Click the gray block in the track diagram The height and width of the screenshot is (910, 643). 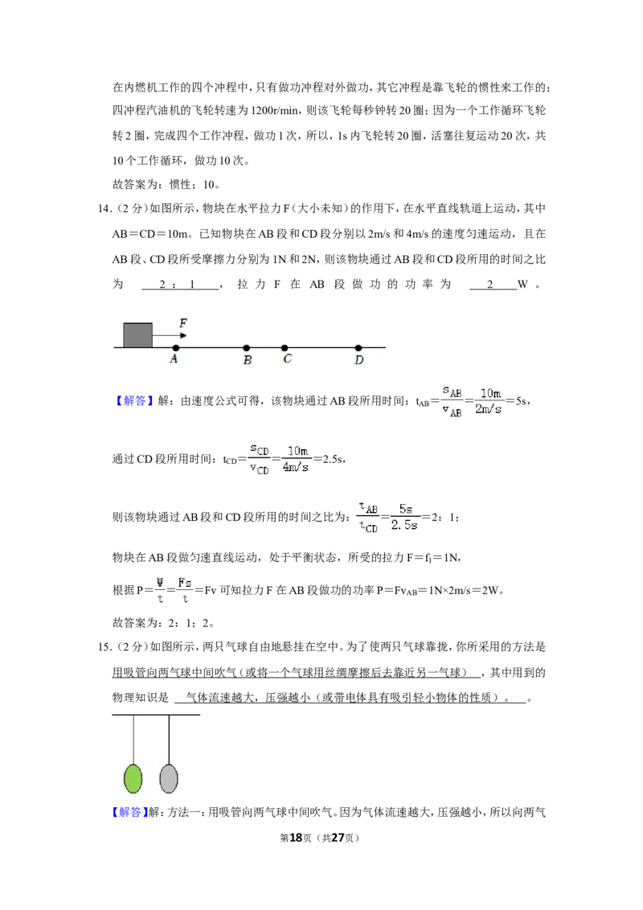point(138,335)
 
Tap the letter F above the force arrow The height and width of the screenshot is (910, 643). point(183,322)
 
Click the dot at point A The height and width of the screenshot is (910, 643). point(176,347)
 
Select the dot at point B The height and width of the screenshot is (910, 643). point(247,347)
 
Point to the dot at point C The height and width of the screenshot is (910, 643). point(285,347)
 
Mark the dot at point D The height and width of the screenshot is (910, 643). point(358,347)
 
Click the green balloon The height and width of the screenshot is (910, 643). point(133,778)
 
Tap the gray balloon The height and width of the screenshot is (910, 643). point(168,778)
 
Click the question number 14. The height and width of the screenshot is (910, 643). point(104,209)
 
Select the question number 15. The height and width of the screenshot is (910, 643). point(104,647)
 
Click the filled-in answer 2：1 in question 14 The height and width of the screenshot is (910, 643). point(177,285)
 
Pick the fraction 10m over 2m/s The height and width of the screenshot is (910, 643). point(488,401)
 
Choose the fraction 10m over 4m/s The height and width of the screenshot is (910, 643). point(296,459)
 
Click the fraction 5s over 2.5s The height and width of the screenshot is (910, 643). point(404,517)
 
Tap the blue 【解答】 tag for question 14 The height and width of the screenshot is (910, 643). point(133,401)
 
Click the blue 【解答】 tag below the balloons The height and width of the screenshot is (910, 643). point(129,812)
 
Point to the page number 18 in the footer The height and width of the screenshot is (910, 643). point(296,838)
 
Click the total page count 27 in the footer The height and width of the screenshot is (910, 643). point(338,838)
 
